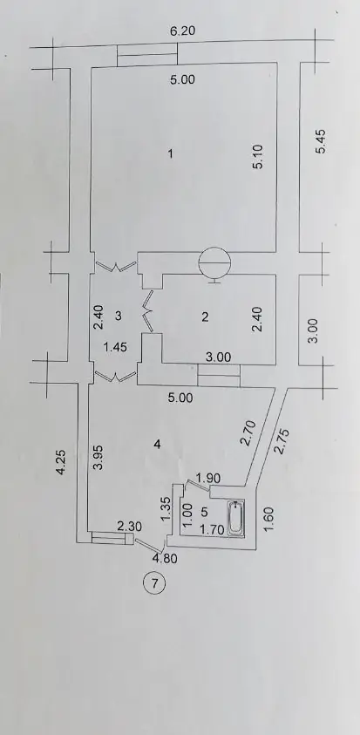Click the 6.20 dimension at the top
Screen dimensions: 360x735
pos(182,31)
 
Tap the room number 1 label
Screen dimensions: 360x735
pos(171,153)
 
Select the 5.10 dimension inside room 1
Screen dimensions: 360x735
pos(260,157)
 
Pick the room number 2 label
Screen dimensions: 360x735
pos(205,316)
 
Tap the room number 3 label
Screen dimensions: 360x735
pos(119,316)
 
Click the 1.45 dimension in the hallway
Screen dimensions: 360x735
pos(115,347)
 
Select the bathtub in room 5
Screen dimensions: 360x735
pos(235,518)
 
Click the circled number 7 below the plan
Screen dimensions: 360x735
pos(154,583)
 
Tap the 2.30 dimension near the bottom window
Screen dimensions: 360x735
pos(129,527)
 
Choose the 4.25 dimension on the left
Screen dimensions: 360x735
pos(61,463)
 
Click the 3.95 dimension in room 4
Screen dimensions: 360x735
pos(98,457)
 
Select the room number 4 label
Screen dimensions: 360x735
pos(158,444)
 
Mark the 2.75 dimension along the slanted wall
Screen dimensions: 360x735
pos(282,440)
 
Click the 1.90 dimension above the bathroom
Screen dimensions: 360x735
pos(208,478)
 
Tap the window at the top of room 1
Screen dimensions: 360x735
pos(147,54)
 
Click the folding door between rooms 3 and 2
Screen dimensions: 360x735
pos(148,311)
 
